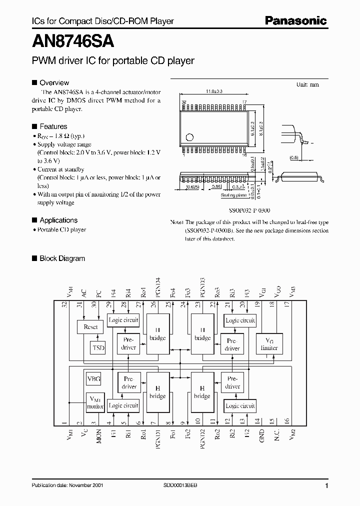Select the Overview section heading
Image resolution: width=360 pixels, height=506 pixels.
tap(54, 82)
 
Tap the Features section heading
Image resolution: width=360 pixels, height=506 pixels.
tap(53, 126)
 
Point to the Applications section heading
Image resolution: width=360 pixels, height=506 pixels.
tap(58, 220)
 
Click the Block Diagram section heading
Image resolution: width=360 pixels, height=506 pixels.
tap(62, 258)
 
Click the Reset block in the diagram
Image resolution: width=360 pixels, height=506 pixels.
tap(90, 327)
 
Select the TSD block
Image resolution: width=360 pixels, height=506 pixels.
tap(98, 347)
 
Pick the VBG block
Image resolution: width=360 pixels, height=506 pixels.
tap(94, 379)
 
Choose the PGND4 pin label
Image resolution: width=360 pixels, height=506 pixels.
tap(158, 287)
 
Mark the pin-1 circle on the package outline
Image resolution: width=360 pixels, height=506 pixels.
tap(189, 136)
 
